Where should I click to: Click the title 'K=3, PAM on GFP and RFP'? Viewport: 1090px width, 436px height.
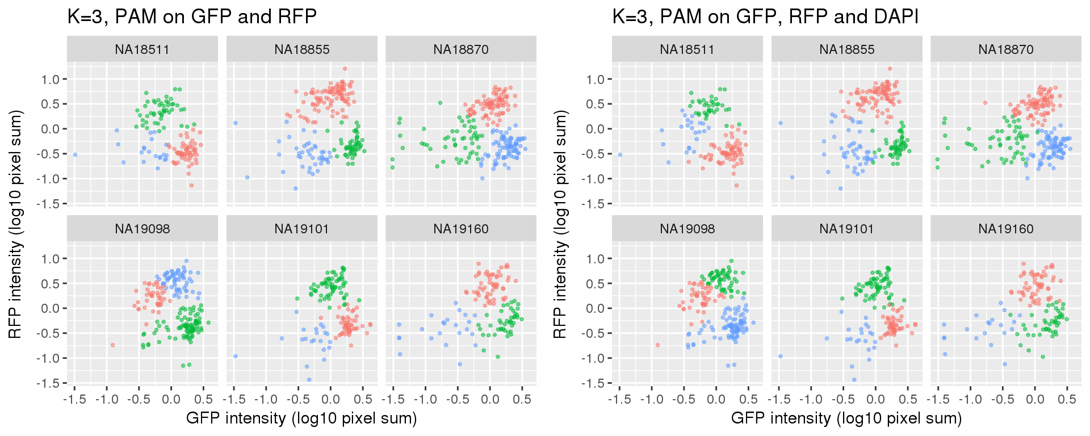(192, 16)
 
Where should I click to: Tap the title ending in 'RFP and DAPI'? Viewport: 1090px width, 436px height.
(765, 16)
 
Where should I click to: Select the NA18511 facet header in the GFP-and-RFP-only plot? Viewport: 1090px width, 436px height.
(142, 49)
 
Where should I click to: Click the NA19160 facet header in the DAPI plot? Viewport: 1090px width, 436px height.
(1005, 229)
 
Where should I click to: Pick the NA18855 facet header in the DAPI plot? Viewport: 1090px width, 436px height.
(846, 49)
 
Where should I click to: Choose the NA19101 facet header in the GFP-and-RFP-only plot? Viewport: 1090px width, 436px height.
(301, 229)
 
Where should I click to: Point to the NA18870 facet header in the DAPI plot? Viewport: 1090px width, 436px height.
(1005, 49)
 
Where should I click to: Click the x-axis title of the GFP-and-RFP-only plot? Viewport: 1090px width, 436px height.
(301, 418)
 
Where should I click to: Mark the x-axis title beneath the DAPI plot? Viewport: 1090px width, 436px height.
(846, 418)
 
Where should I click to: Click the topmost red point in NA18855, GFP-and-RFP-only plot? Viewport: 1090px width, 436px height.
(345, 69)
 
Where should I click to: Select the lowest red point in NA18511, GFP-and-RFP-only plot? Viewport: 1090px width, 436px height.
(191, 185)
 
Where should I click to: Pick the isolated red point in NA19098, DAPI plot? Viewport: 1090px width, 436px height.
(657, 345)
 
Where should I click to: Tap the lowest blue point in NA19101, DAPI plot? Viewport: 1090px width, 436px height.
(854, 380)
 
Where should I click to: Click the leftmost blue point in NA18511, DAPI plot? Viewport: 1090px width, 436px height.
(620, 154)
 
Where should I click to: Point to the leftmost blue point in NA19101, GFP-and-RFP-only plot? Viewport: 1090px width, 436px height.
(235, 357)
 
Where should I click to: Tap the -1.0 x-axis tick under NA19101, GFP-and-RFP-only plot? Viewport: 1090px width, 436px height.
(266, 399)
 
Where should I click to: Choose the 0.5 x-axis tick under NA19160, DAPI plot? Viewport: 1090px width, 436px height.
(1067, 399)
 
